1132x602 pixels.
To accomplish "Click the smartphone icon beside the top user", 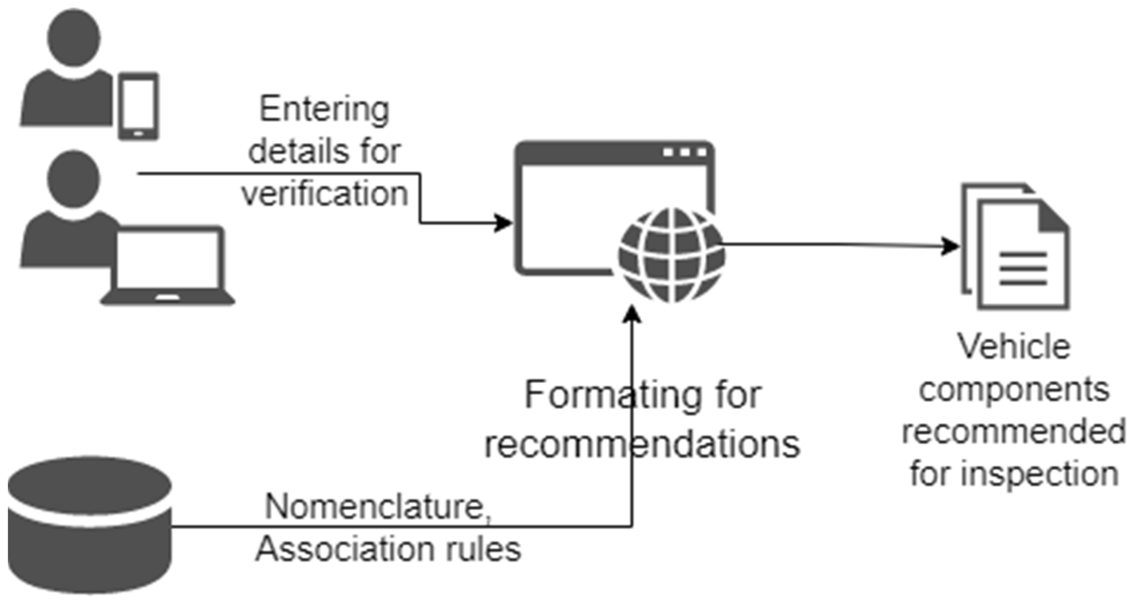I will [138, 106].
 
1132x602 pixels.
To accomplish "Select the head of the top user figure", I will [74, 38].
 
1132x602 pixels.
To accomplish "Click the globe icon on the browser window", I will [672, 255].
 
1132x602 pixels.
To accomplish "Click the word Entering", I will [324, 109].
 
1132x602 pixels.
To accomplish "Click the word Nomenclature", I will [378, 506].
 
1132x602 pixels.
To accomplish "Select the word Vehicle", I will [1014, 347].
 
